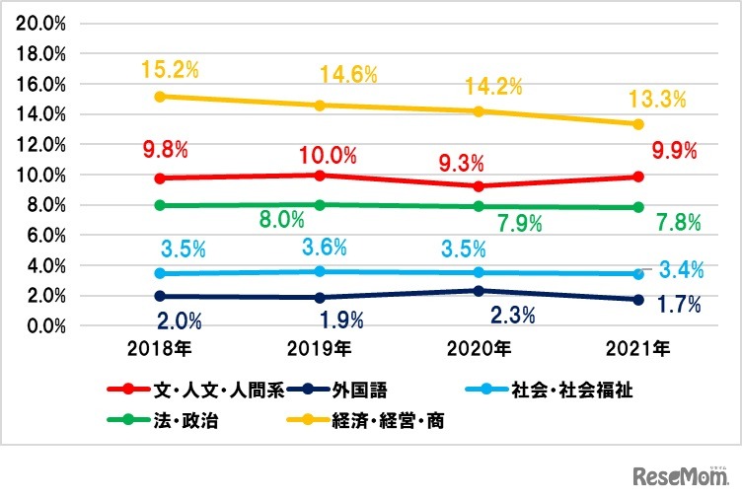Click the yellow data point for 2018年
pyautogui.click(x=160, y=97)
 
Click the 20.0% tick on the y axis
pyautogui.click(x=40, y=24)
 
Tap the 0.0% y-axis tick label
pyautogui.click(x=44, y=326)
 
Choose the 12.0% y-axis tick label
pyautogui.click(x=40, y=145)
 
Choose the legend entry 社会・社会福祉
pyautogui.click(x=566, y=389)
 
